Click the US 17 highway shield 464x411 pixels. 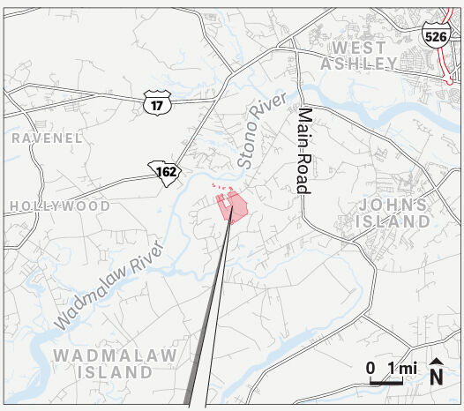(x=155, y=104)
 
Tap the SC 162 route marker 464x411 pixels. (x=166, y=171)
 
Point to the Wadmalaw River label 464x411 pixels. (x=109, y=283)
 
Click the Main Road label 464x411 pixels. (x=304, y=150)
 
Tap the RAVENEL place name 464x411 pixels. (x=47, y=138)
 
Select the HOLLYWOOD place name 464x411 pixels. (x=60, y=206)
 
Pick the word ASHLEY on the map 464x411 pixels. (x=359, y=64)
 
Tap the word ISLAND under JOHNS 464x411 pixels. (x=393, y=221)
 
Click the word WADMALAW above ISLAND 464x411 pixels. (x=115, y=355)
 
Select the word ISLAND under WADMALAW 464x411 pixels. (x=115, y=372)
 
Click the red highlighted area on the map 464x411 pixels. (x=234, y=207)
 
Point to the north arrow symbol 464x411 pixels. (x=436, y=362)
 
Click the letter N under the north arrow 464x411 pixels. (x=436, y=377)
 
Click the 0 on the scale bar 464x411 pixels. (x=371, y=368)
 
